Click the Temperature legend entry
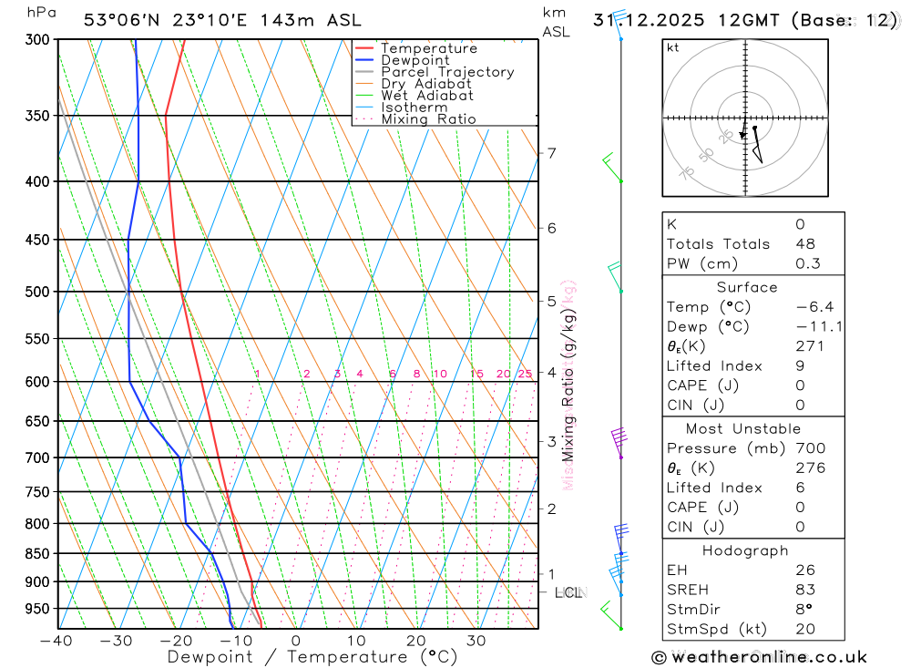[428, 48]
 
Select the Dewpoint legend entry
[415, 60]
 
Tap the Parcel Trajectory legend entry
[447, 72]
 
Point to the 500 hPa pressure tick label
[36, 292]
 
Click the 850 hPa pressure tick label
[36, 553]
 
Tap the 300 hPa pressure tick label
[36, 40]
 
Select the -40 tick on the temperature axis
[56, 641]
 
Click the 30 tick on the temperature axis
[476, 641]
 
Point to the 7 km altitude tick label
[551, 152]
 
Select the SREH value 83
[804, 590]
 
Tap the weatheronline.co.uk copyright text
[759, 657]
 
